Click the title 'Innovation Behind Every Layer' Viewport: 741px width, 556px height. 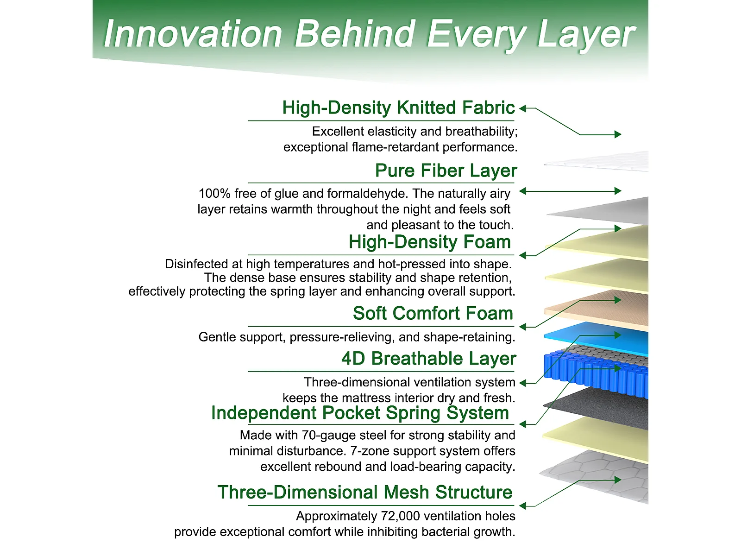click(369, 34)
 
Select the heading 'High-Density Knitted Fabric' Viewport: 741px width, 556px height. click(398, 108)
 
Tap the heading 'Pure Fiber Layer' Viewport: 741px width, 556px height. click(446, 171)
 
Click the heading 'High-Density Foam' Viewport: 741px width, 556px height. click(429, 242)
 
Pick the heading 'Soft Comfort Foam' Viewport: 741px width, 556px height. click(433, 313)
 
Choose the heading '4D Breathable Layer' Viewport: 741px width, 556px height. click(429, 359)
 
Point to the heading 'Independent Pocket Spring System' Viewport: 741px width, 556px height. click(360, 413)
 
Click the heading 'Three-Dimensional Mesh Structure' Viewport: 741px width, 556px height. click(365, 492)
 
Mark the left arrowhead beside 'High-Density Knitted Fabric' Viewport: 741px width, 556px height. click(522, 108)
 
